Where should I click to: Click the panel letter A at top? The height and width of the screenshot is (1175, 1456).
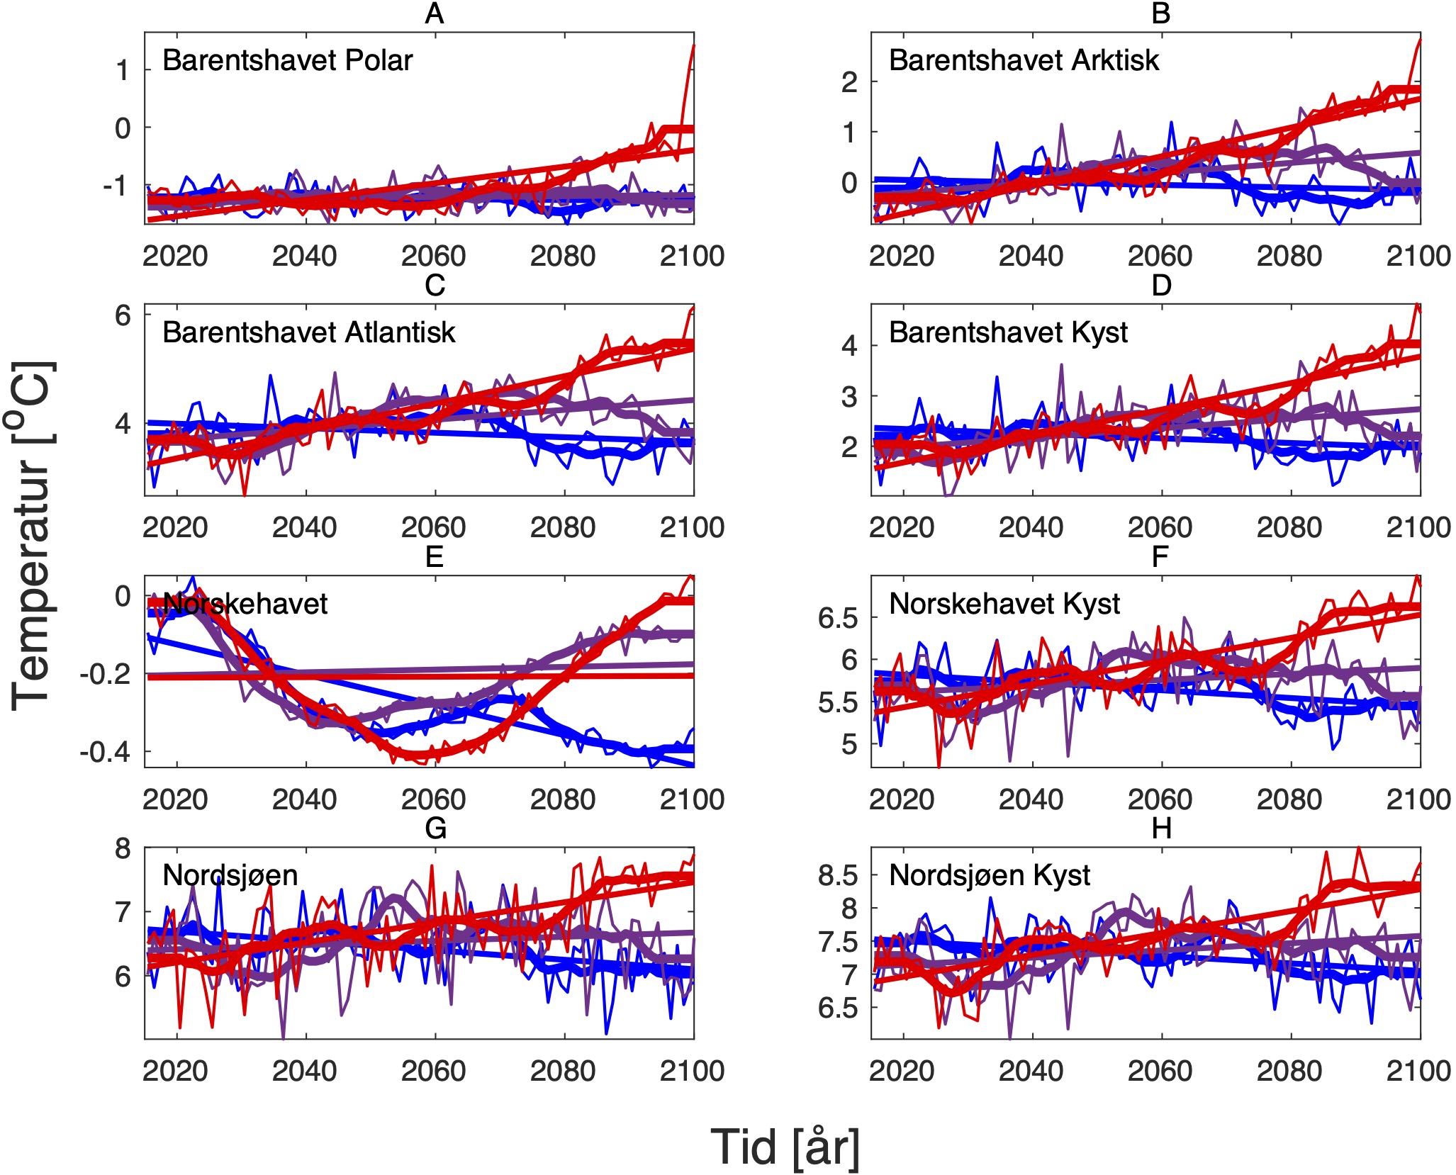point(434,13)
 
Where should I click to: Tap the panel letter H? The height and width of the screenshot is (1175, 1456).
point(1160,828)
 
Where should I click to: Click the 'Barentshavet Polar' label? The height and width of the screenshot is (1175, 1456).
point(287,60)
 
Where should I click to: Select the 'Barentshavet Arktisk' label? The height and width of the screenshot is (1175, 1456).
point(1024,60)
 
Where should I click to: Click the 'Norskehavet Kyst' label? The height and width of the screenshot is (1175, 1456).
point(1004,604)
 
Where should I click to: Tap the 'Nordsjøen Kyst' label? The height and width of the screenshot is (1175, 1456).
point(989,875)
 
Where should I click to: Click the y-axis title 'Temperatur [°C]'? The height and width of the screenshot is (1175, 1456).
point(32,536)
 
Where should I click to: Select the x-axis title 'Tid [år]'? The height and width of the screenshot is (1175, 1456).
point(785,1147)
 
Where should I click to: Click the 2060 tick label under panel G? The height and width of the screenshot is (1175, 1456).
point(433,1071)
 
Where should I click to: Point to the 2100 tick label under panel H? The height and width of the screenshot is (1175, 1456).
point(1418,1071)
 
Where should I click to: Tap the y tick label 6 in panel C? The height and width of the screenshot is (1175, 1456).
point(123,315)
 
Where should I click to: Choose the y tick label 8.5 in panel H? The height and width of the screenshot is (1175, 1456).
point(837,876)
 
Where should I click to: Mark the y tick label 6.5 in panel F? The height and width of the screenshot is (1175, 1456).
point(837,618)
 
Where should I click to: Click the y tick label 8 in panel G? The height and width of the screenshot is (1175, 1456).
point(123,849)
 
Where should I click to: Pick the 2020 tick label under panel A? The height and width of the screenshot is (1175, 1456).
point(175,256)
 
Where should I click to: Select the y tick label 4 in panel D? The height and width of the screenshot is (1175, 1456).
point(849,346)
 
